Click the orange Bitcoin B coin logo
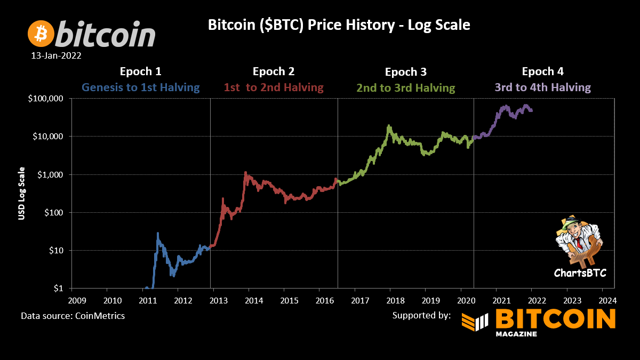point(41,33)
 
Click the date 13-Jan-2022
point(56,55)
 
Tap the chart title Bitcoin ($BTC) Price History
point(339,25)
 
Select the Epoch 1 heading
point(140,71)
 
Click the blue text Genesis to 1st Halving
point(140,87)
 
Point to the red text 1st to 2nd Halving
point(274,87)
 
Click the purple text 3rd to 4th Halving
point(542,87)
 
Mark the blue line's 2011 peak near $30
point(158,234)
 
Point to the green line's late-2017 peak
point(389,126)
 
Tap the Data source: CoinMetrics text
point(73,316)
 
